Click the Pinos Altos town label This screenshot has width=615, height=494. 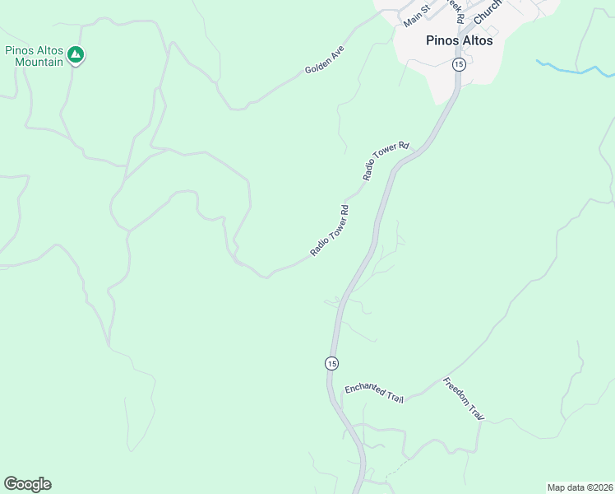[x=460, y=40]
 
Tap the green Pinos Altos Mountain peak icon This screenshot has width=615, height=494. [x=76, y=55]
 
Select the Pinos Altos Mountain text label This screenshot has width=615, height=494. [x=35, y=56]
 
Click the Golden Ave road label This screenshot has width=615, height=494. [x=324, y=60]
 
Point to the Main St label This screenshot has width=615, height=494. [x=417, y=13]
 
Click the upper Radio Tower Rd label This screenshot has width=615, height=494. [x=386, y=161]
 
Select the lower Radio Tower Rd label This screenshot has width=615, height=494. [x=331, y=231]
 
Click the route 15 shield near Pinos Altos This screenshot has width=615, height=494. [x=459, y=64]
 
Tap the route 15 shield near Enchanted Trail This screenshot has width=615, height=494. [x=331, y=363]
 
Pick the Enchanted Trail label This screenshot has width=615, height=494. [x=374, y=393]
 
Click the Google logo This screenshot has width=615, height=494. [x=27, y=484]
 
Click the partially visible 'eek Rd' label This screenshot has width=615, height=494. [x=457, y=9]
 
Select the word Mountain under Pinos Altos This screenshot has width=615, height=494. [x=39, y=62]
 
